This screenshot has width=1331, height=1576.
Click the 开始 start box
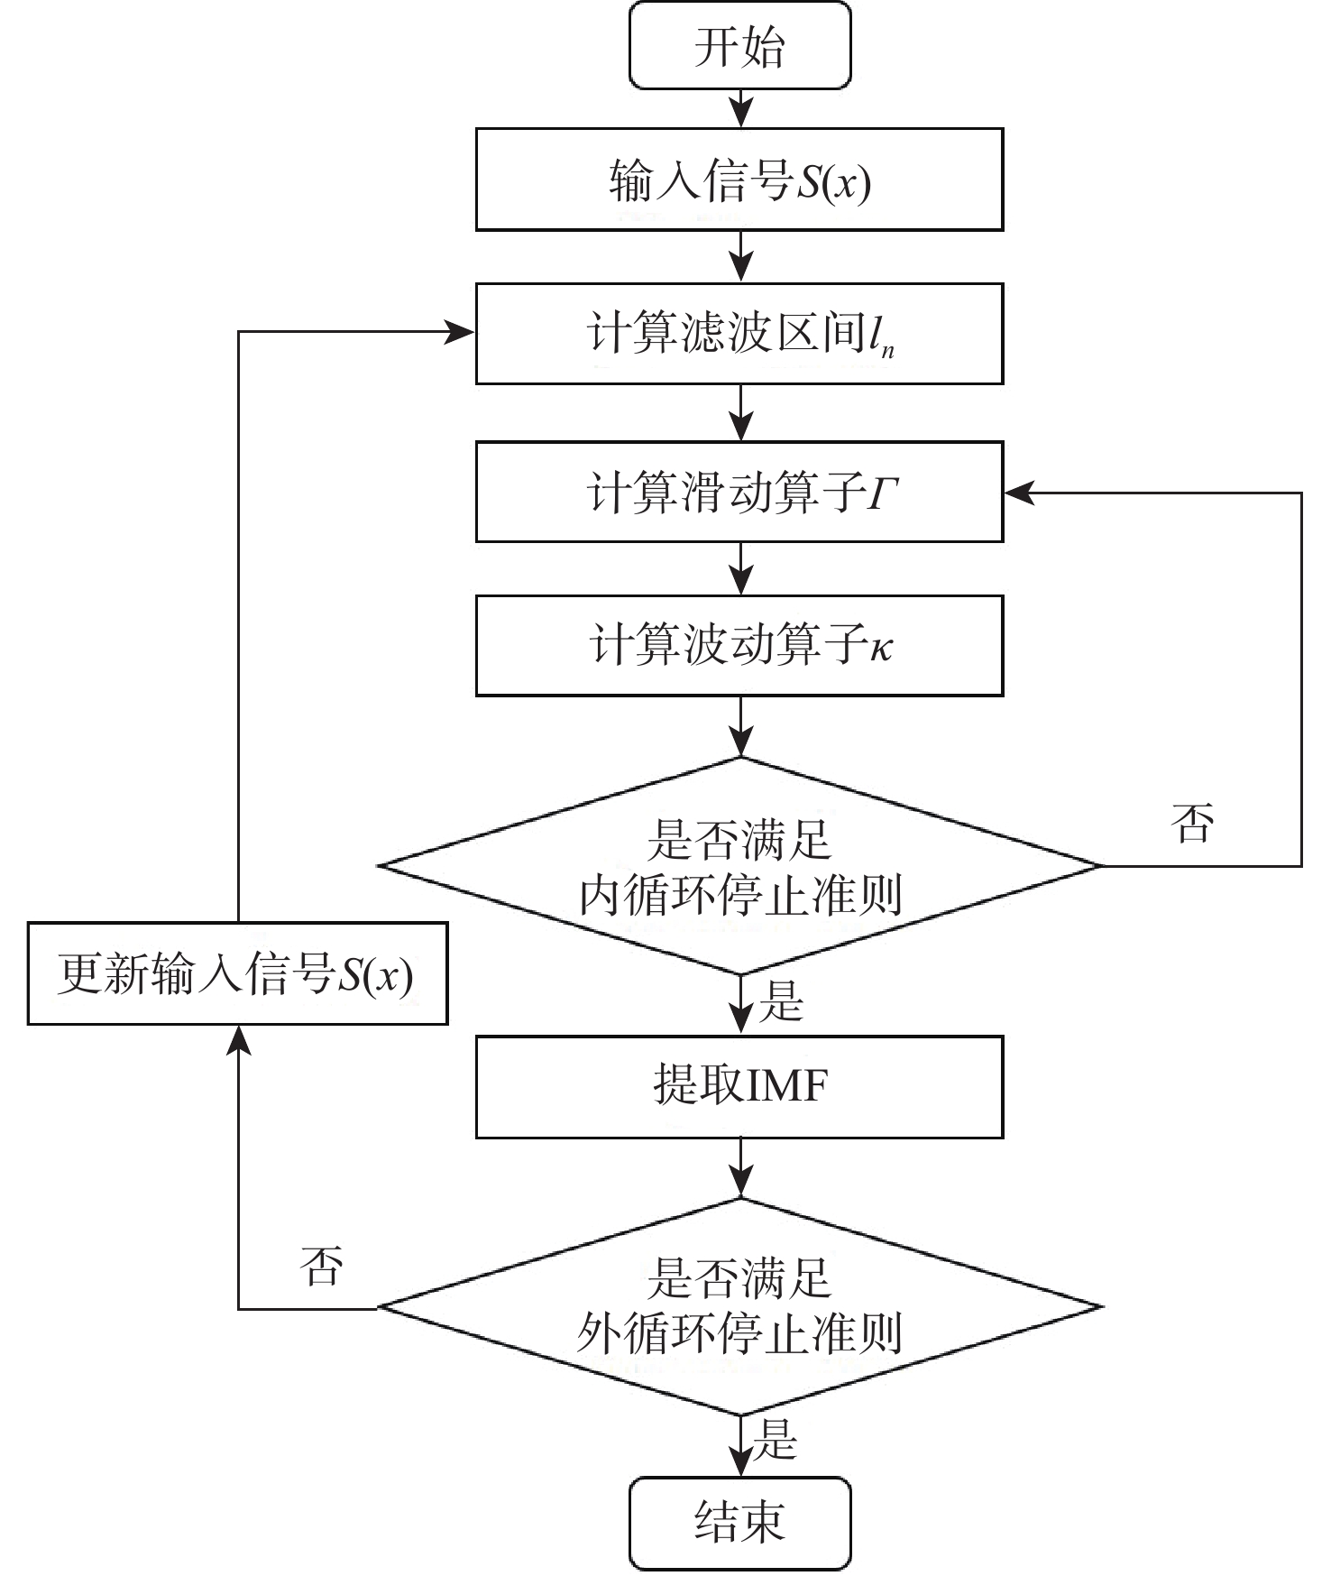pyautogui.click(x=739, y=45)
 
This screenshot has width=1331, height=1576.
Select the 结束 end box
pyautogui.click(x=739, y=1523)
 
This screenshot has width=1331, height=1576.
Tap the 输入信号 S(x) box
pyautogui.click(x=739, y=180)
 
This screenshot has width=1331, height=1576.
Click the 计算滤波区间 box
pyautogui.click(x=739, y=334)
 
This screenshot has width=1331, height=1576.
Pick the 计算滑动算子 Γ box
pyautogui.click(x=739, y=492)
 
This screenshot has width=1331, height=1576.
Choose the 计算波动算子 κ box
pyautogui.click(x=739, y=645)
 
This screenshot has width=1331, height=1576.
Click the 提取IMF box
pyautogui.click(x=739, y=1086)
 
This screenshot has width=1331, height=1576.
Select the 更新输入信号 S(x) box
pyautogui.click(x=237, y=973)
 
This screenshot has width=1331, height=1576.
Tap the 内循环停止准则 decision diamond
pyautogui.click(x=739, y=866)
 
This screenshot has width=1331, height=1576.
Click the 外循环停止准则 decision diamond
pyautogui.click(x=739, y=1306)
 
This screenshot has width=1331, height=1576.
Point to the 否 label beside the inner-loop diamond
pyautogui.click(x=1192, y=823)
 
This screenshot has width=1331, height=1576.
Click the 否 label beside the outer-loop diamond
pyautogui.click(x=322, y=1265)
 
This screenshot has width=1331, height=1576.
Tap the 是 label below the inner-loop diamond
pyautogui.click(x=780, y=1001)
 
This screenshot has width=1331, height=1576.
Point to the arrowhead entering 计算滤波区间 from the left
pyautogui.click(x=461, y=333)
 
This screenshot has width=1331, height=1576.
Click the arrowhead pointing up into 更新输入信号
pyautogui.click(x=238, y=1040)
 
